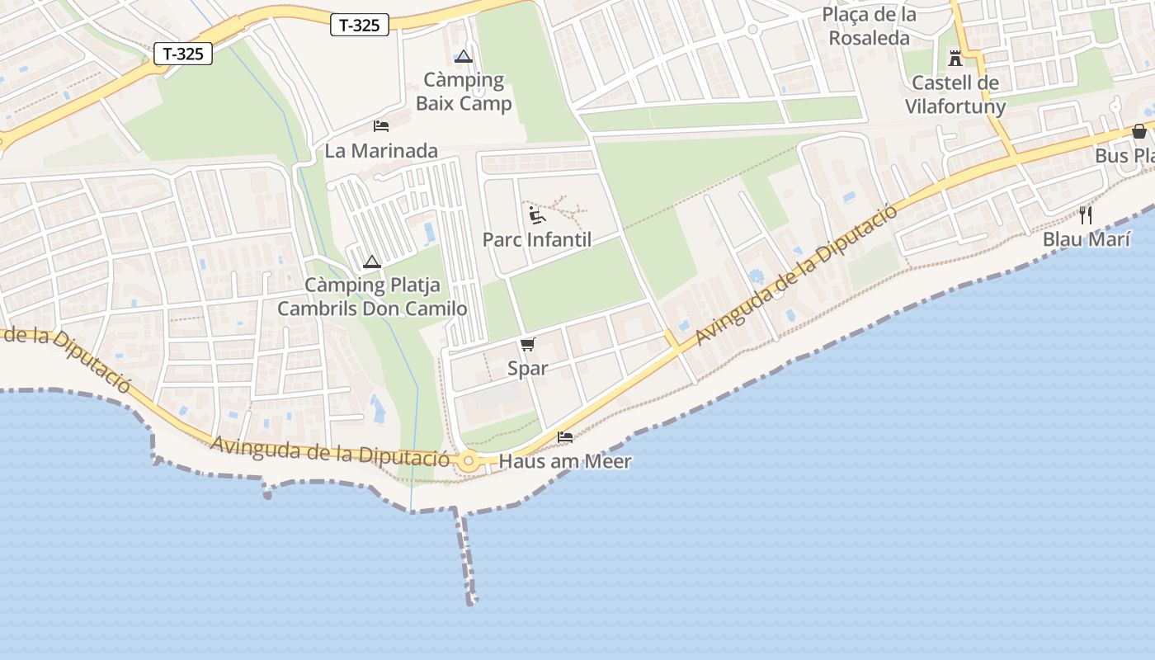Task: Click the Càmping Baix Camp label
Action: click(464, 92)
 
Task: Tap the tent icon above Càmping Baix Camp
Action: click(463, 57)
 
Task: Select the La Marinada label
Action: click(381, 151)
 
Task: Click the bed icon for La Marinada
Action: click(381, 126)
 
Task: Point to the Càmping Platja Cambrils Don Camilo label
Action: click(372, 297)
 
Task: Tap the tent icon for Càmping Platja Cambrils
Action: click(372, 262)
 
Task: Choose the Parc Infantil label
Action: click(537, 240)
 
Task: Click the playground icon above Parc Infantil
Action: click(537, 215)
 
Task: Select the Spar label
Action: click(528, 369)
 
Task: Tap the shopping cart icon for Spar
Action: click(528, 344)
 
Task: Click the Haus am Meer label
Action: click(565, 461)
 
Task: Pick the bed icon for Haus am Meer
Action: click(565, 436)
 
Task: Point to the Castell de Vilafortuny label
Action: click(955, 95)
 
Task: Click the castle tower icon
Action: click(955, 58)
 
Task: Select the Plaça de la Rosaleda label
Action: click(870, 26)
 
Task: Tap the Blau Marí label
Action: click(1086, 239)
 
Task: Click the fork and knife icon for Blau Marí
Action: click(1086, 214)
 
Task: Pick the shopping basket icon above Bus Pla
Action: click(1139, 131)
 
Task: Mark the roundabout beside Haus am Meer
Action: click(470, 461)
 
